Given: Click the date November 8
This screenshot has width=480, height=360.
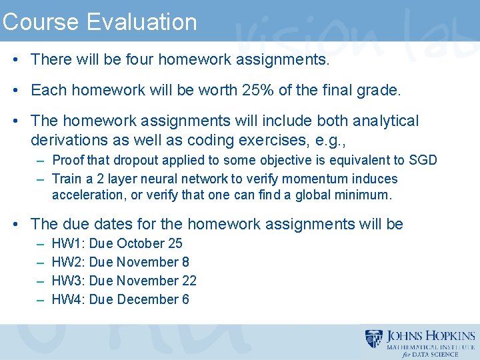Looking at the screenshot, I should pyautogui.click(x=153, y=262).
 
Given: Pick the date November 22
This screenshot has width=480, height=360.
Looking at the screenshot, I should pyautogui.click(x=157, y=281).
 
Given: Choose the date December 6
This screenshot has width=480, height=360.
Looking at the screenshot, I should pyautogui.click(x=153, y=299).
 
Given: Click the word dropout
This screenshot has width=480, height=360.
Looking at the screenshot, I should pyautogui.click(x=135, y=160).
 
